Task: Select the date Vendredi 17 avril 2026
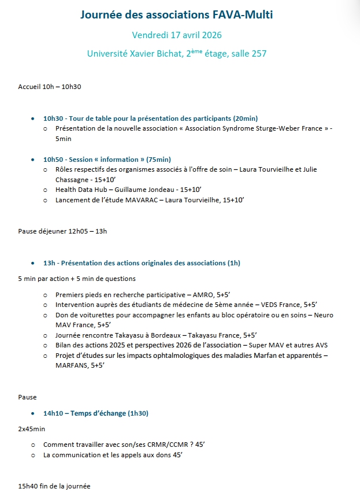point(176,35)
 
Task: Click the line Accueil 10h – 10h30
point(50,87)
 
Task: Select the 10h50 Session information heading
point(107,160)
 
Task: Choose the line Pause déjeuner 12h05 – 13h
point(62,231)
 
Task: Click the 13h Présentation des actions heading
point(142,263)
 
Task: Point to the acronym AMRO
point(205,294)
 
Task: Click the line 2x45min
point(32,429)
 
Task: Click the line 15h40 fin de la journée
point(54,486)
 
